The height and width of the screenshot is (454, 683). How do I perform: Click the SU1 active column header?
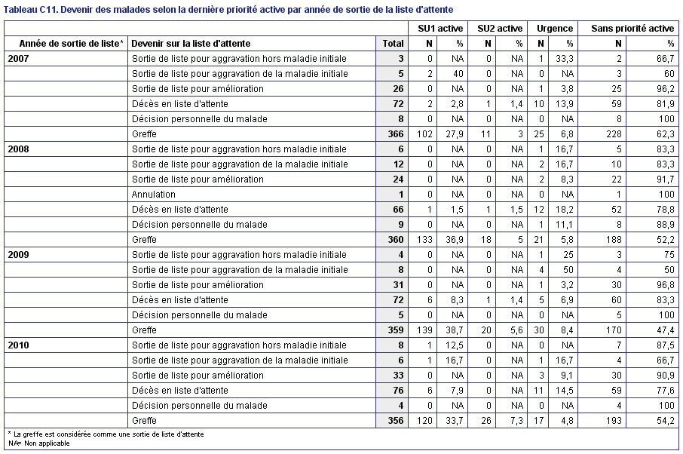click(x=440, y=29)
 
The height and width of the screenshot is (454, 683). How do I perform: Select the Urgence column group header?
click(x=555, y=29)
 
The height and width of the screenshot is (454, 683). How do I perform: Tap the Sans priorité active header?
click(x=632, y=29)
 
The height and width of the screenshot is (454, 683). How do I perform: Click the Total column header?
click(x=393, y=44)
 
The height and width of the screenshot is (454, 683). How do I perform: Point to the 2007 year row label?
click(x=18, y=59)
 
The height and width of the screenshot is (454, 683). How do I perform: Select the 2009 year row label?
click(x=18, y=255)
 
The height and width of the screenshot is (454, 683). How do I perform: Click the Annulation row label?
click(x=153, y=195)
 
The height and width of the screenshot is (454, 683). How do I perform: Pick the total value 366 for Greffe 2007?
click(x=396, y=134)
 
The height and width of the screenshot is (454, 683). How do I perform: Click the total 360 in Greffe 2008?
click(x=396, y=240)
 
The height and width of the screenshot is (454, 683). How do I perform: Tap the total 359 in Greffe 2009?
click(x=396, y=330)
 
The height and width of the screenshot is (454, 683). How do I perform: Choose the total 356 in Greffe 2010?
click(x=396, y=421)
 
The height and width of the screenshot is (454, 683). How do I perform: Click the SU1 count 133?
click(x=424, y=240)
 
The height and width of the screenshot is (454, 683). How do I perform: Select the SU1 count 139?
click(x=424, y=330)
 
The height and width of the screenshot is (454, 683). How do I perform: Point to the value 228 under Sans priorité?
click(x=614, y=134)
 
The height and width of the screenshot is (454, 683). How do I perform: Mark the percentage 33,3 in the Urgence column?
click(x=565, y=59)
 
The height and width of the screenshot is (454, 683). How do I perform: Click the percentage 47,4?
click(x=666, y=330)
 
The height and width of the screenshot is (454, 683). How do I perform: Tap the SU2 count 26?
click(x=486, y=421)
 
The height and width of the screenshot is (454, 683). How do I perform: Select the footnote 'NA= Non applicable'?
click(x=39, y=443)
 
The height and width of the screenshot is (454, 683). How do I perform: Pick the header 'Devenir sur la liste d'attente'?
click(x=191, y=44)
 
